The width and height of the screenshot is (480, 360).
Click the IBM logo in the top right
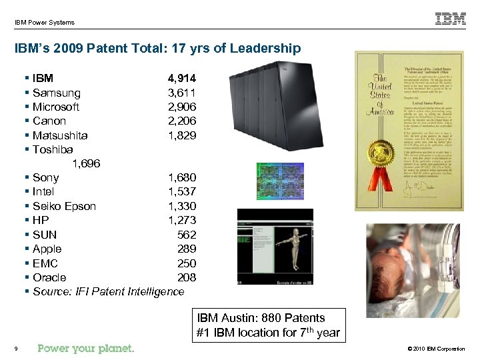coord(451,19)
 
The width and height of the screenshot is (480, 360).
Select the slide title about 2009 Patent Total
coord(157,49)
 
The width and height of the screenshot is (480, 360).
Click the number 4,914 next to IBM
coord(181,79)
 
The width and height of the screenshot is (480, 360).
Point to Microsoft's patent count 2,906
coord(181,107)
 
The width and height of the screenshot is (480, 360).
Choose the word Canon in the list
coord(49,121)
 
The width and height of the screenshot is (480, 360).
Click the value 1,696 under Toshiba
coord(86,163)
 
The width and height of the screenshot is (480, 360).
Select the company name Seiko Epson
coord(64,206)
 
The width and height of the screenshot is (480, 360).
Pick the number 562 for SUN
coord(186,235)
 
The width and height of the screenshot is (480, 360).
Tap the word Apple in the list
coord(47,249)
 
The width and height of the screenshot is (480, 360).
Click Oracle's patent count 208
coord(186,277)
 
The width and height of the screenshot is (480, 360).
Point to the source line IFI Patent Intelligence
coord(108,291)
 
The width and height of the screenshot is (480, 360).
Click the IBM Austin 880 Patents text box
coord(268,325)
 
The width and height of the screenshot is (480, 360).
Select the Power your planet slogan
coord(86,348)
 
